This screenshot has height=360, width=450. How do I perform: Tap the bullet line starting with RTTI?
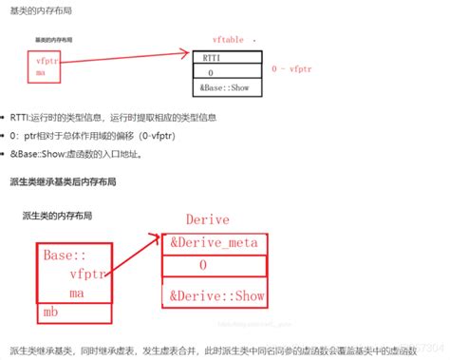coord(124,119)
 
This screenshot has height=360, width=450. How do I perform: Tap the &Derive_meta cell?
coord(213,242)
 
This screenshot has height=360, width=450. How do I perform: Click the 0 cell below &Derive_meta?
coord(202,267)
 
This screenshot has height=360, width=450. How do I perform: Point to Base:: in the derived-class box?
coord(65,256)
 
